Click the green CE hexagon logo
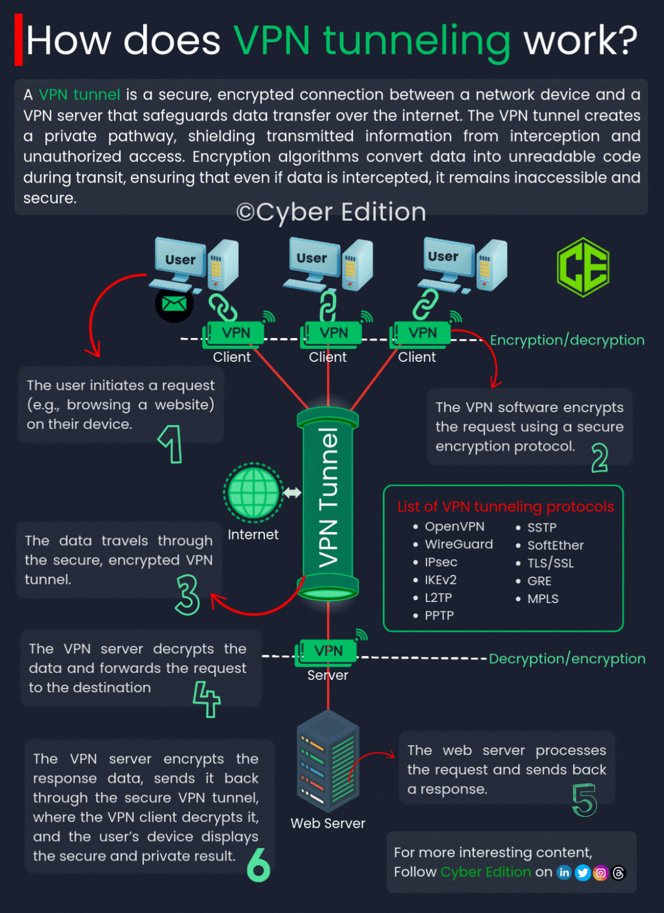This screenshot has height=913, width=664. [x=583, y=267]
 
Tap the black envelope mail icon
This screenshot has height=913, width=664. [x=174, y=304]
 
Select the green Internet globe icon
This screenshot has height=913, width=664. [x=253, y=492]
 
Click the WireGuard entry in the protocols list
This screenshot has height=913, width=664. [x=458, y=544]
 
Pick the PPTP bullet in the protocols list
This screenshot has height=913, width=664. [x=439, y=615]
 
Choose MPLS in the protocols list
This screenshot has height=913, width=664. [x=542, y=599]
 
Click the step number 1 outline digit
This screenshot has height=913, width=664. [x=171, y=444]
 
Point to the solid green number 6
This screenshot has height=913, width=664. [x=258, y=865]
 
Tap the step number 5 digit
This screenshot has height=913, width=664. [x=584, y=800]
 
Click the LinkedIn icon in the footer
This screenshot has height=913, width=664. [x=564, y=873]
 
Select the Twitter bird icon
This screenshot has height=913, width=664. [x=582, y=873]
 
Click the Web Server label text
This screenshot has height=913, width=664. [x=328, y=823]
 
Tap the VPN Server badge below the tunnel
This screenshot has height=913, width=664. [x=328, y=651]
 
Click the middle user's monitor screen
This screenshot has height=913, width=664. [x=312, y=258]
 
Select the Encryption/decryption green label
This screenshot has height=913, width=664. [x=567, y=340]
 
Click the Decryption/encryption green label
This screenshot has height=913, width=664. [x=567, y=658]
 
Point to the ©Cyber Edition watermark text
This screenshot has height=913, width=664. [x=331, y=212]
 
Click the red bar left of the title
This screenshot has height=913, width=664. [x=18, y=40]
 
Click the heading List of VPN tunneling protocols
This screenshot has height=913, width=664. [x=505, y=506]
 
